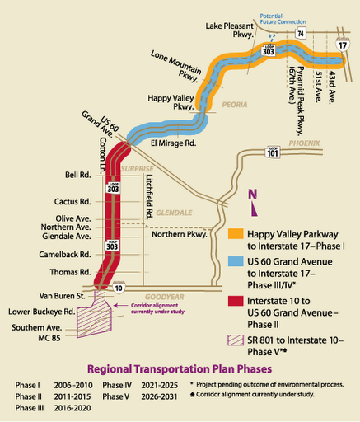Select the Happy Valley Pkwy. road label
click(x=171, y=101)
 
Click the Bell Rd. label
click(x=77, y=175)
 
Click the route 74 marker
click(x=301, y=33)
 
